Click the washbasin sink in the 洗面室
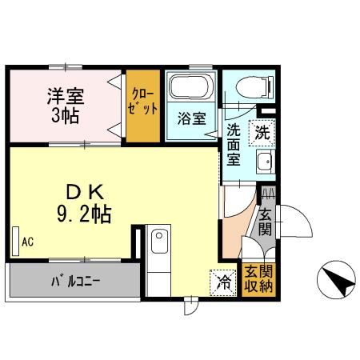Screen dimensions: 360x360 coord(264,162)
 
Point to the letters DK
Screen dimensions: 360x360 coord(83,193)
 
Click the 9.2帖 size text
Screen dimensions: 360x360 coord(83,214)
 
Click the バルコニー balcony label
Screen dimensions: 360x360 coord(73,282)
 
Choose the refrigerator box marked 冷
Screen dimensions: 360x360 coord(225,282)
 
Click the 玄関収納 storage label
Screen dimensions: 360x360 coord(259,278)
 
